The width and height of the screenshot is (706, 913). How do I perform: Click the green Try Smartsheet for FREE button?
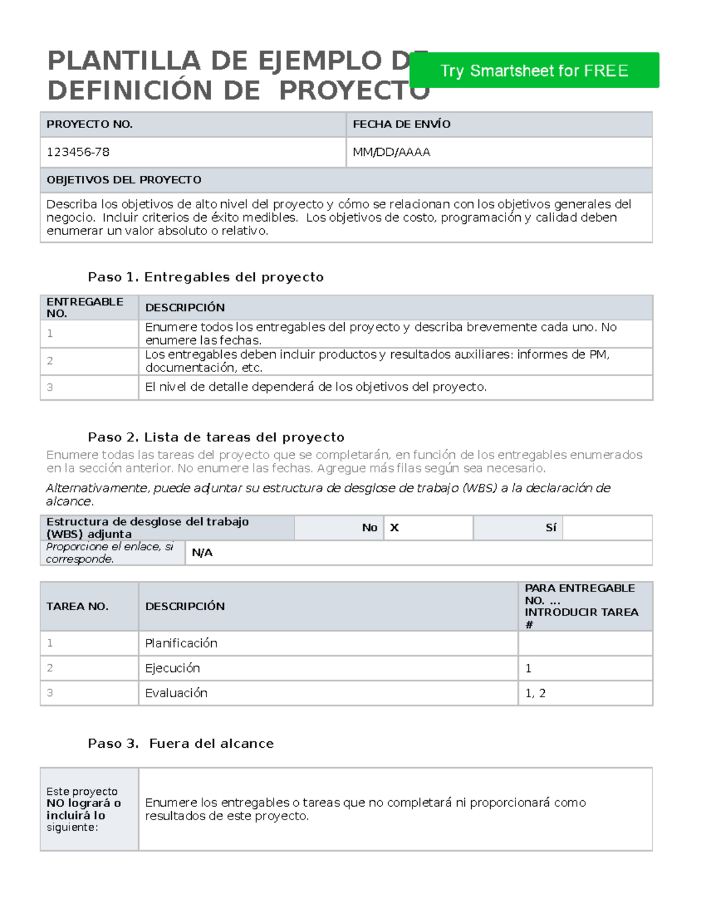coord(534,71)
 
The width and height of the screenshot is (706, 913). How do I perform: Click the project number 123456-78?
coord(78,152)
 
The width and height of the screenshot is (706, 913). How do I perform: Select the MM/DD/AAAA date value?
coord(391,152)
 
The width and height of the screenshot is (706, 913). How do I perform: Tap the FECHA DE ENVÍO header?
coord(401,124)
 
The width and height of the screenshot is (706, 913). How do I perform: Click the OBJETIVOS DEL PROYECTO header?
coord(124,180)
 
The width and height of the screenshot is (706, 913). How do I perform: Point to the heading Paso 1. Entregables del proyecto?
coord(205,277)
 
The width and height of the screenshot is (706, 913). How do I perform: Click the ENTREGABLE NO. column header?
coord(85,307)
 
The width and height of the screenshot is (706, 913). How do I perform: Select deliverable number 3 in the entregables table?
coord(50,387)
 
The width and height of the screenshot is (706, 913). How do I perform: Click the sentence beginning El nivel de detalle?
coord(315,387)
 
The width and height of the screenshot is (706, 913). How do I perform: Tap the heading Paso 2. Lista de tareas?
coord(216,437)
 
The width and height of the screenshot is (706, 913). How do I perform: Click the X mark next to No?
coord(394,527)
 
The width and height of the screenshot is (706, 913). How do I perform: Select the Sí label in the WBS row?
coord(551,527)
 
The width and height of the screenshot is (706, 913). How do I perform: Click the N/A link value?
coord(202,553)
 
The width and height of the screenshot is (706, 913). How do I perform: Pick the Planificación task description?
coord(181,643)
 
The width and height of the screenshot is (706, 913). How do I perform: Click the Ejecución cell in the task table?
coord(172,668)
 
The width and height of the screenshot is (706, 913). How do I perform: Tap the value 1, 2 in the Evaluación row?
coord(535,693)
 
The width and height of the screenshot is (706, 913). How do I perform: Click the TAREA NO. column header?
coord(77,606)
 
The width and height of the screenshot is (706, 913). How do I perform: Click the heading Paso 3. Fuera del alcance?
coord(181,743)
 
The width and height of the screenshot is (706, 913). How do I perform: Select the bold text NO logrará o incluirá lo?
coord(84,809)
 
